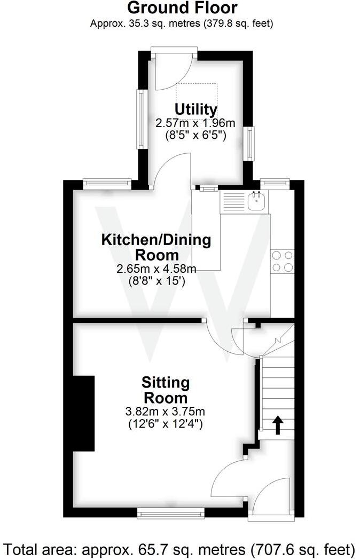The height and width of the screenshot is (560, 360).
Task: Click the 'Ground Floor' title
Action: click(x=183, y=8)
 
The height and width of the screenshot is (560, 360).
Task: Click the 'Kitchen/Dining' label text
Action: click(x=156, y=240)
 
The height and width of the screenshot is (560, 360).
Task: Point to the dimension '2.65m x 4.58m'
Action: click(x=156, y=269)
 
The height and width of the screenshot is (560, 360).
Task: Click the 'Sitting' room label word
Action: click(x=165, y=382)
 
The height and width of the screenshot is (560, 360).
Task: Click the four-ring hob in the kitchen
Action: click(x=283, y=261)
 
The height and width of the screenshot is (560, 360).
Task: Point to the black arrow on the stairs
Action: click(x=278, y=425)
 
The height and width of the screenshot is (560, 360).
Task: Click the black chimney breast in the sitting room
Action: click(x=83, y=414)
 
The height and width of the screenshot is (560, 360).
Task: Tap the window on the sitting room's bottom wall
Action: click(x=170, y=514)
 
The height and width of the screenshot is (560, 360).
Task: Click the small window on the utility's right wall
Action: click(x=250, y=143)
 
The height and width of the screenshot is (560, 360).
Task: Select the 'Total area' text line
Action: click(x=179, y=548)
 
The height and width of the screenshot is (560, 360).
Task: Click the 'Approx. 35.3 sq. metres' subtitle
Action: click(x=182, y=23)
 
